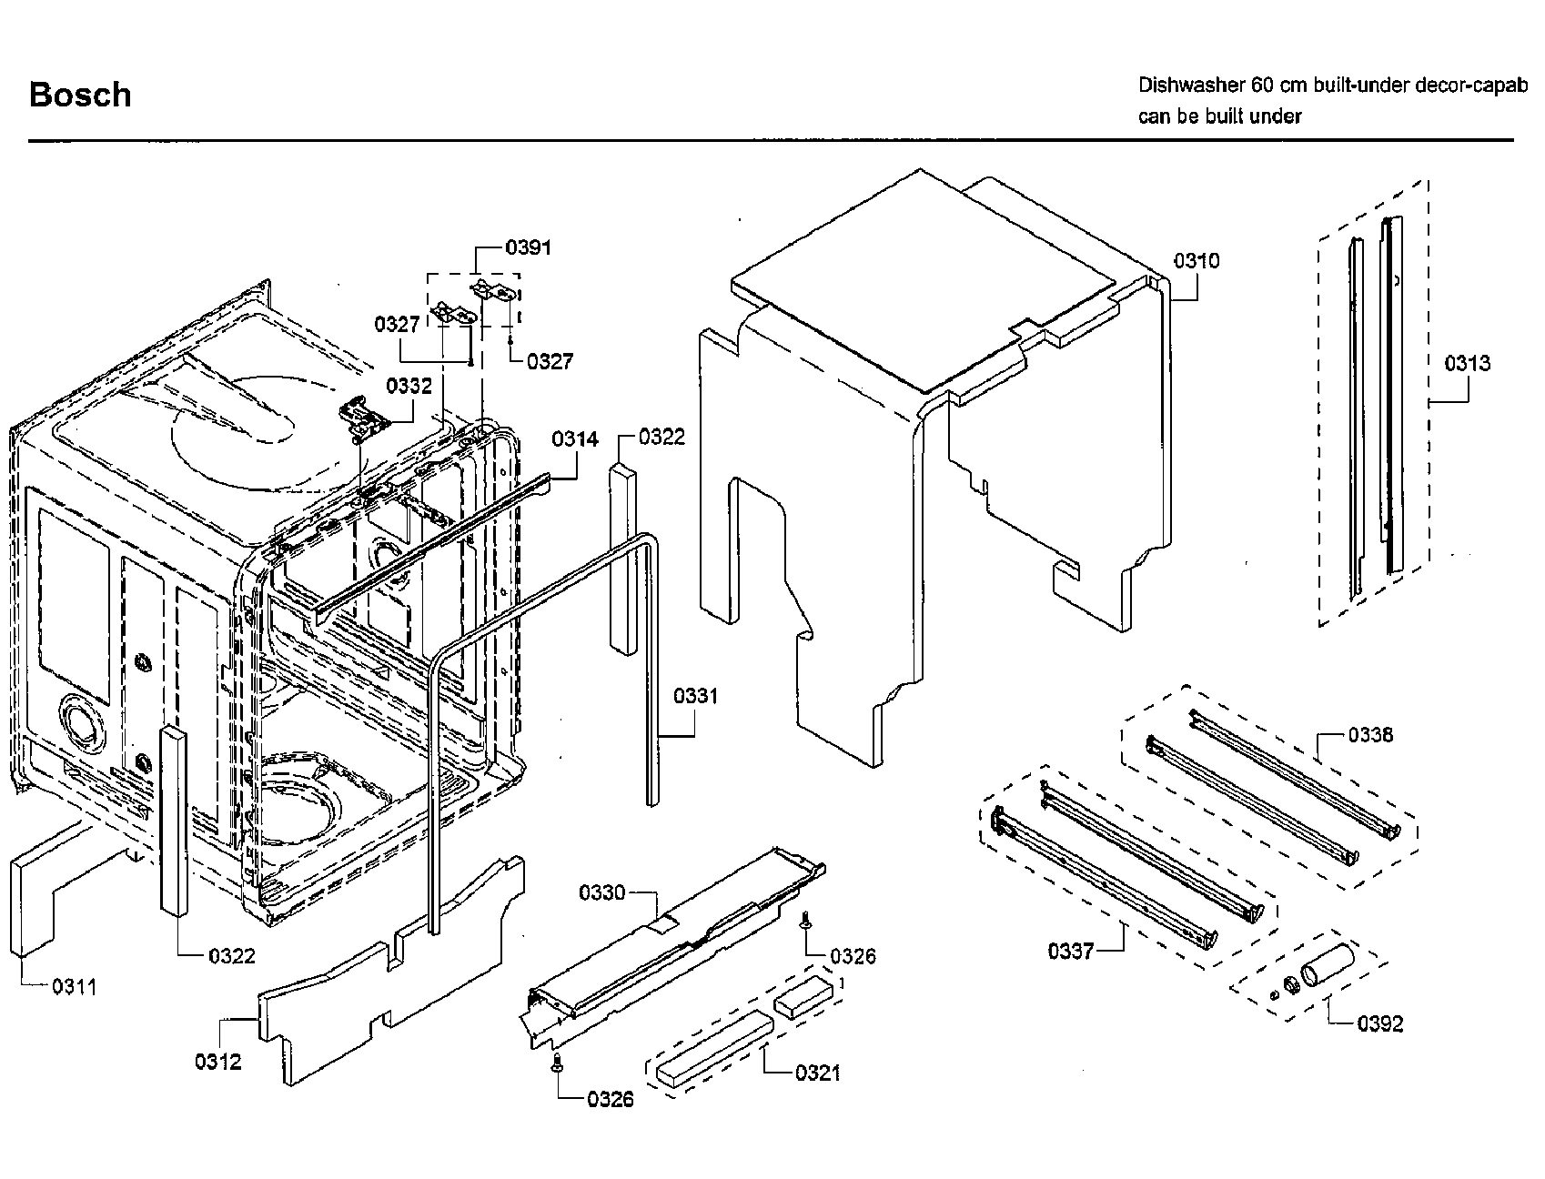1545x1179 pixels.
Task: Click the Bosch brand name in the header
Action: pyautogui.click(x=80, y=95)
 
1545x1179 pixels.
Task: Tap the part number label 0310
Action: pyautogui.click(x=1196, y=261)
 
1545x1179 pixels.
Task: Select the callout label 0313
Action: pyautogui.click(x=1467, y=364)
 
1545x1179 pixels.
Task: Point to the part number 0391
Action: pyautogui.click(x=528, y=247)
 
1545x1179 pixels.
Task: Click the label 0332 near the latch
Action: pyautogui.click(x=409, y=386)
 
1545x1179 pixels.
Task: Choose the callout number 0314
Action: pyautogui.click(x=574, y=439)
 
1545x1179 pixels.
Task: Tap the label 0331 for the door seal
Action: pyautogui.click(x=695, y=696)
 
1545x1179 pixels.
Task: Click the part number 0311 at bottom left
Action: pyautogui.click(x=74, y=986)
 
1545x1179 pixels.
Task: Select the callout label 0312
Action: pyautogui.click(x=217, y=1061)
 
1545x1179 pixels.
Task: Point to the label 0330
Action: pyautogui.click(x=601, y=892)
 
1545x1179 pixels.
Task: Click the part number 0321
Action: pyautogui.click(x=817, y=1073)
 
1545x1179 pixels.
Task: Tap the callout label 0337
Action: pyautogui.click(x=1071, y=952)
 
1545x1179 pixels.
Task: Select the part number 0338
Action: pyautogui.click(x=1369, y=734)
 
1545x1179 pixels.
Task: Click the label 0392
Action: pyautogui.click(x=1379, y=1024)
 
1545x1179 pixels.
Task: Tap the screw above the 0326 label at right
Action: pyautogui.click(x=805, y=921)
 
